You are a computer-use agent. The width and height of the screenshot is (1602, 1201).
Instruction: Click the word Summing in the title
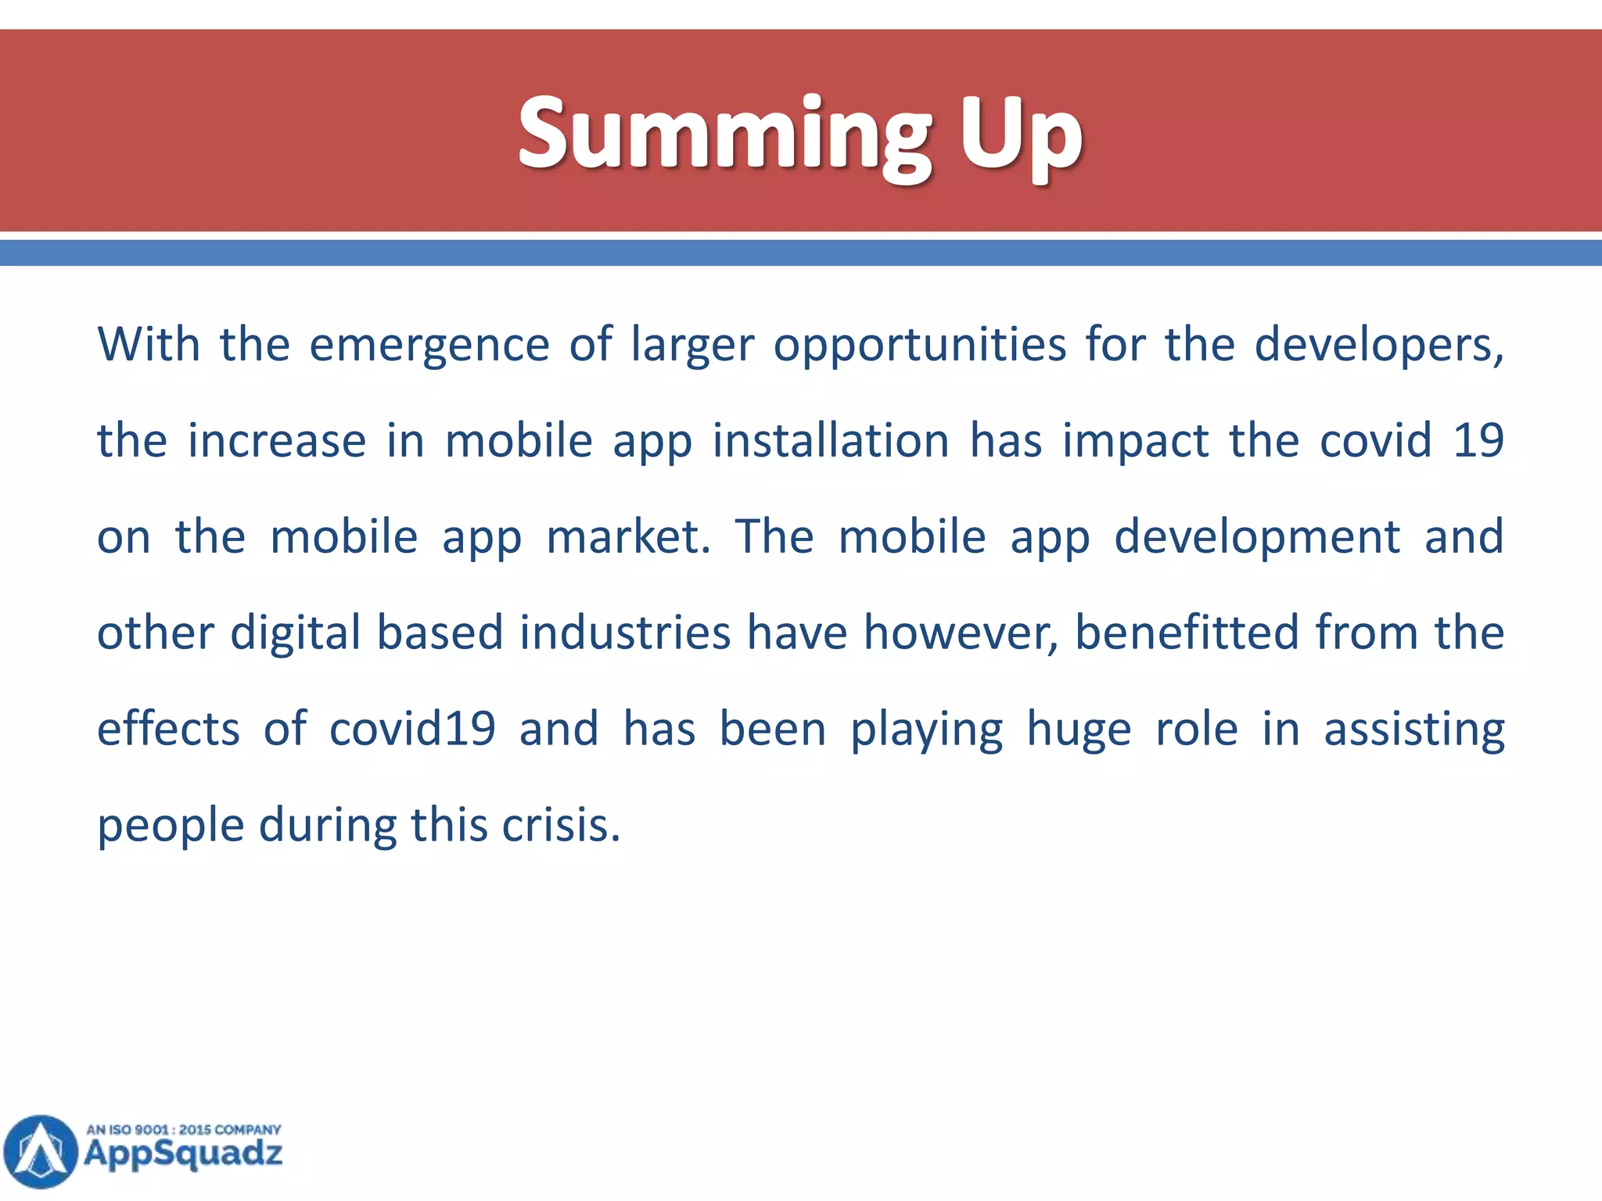pos(724,133)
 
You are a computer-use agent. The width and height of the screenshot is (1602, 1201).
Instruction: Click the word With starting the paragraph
pos(149,344)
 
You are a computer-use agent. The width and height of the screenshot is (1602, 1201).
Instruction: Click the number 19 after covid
pos(1478,440)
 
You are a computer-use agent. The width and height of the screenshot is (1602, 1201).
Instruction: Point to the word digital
pos(295,633)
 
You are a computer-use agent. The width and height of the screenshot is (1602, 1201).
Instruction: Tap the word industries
pos(625,633)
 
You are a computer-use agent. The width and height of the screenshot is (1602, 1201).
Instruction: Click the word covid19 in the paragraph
pos(412,729)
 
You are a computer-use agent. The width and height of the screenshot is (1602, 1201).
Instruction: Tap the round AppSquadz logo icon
pos(41,1151)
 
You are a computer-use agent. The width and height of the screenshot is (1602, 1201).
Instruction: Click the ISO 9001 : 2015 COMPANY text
pos(183,1130)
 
